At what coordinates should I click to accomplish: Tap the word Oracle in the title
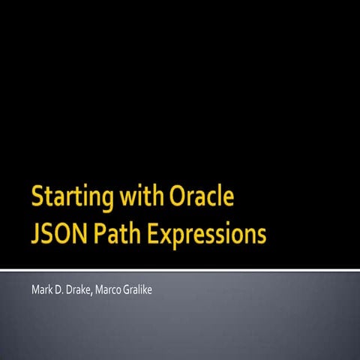point(203,197)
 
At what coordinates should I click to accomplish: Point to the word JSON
point(58,235)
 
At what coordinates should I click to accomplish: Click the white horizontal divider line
point(180,268)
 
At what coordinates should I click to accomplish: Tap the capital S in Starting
point(38,198)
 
